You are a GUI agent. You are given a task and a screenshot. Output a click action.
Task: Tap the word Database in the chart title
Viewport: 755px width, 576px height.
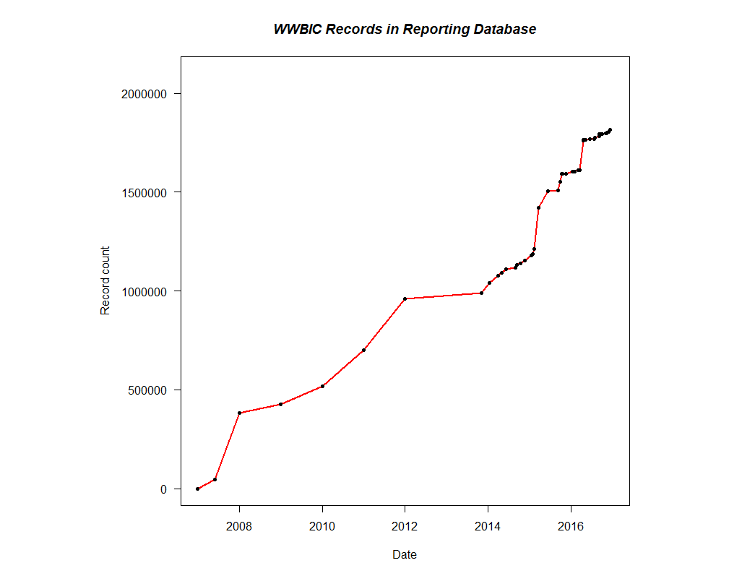point(505,30)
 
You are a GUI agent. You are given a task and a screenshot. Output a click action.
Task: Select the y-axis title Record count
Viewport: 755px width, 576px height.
point(105,280)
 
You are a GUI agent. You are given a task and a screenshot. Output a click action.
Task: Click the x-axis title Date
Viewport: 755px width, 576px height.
point(405,555)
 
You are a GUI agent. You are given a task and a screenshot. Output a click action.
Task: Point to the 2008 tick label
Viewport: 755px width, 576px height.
point(239,525)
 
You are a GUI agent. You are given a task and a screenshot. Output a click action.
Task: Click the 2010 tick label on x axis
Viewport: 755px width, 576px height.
point(322,525)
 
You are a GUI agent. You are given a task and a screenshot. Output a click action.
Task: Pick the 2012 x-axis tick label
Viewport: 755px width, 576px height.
point(405,525)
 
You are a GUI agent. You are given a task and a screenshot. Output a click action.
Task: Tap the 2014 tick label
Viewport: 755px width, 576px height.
point(488,525)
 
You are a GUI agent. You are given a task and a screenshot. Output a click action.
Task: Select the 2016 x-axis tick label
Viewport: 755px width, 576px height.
point(571,525)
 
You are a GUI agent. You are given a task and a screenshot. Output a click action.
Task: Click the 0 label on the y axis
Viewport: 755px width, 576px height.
point(164,489)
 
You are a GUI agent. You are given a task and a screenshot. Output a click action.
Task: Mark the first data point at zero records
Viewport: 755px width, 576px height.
point(197,489)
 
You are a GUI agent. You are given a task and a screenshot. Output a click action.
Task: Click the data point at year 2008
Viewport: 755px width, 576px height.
point(239,413)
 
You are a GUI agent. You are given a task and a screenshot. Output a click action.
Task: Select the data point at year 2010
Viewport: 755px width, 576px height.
point(322,386)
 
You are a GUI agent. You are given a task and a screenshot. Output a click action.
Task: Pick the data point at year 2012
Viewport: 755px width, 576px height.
point(405,298)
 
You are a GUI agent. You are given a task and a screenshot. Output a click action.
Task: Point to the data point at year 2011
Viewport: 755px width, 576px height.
point(363,350)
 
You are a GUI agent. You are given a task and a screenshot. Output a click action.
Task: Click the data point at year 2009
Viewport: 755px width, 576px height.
point(280,404)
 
